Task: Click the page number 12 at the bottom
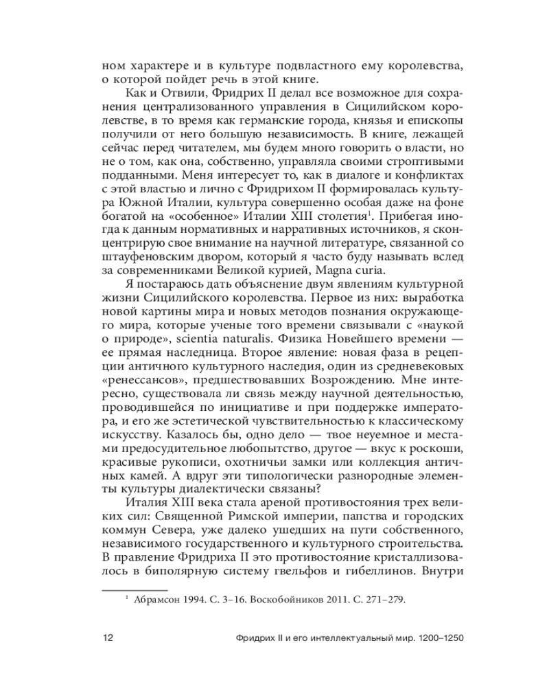[107, 637]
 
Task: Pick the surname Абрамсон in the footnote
[157, 598]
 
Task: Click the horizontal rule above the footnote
[134, 589]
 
